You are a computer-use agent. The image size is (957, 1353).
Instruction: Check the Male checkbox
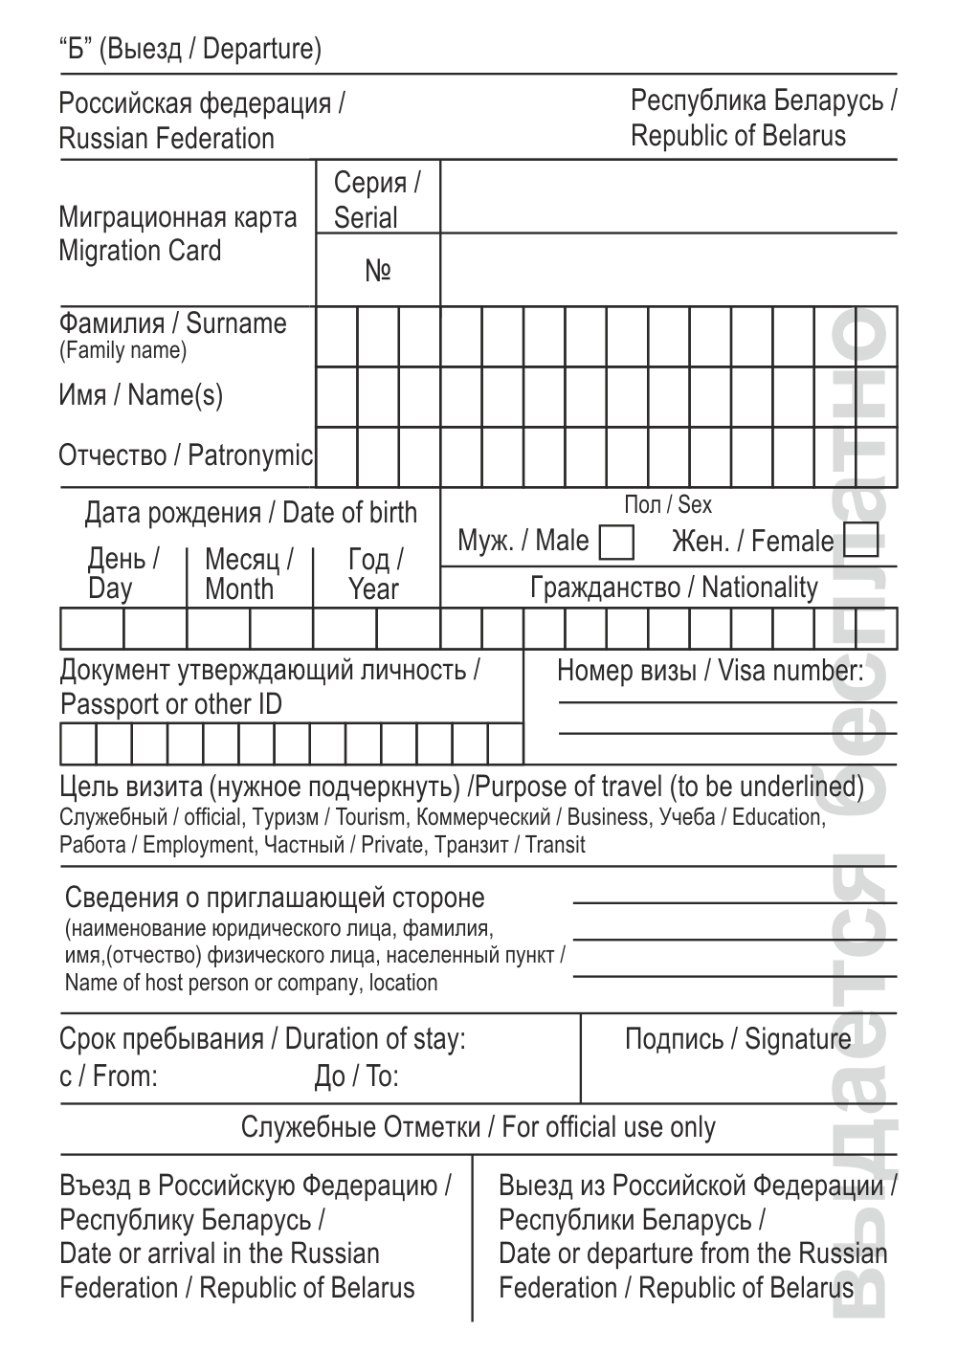click(x=616, y=542)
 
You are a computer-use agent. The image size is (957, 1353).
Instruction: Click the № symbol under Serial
click(x=378, y=271)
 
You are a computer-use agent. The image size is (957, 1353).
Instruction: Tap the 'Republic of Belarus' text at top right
click(x=738, y=136)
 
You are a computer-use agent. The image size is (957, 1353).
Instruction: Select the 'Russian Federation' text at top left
click(x=167, y=139)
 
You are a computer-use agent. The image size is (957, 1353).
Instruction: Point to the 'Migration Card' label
click(x=140, y=252)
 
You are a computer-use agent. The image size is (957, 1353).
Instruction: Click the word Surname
click(x=236, y=323)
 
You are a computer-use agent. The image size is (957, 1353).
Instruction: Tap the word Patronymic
click(x=250, y=455)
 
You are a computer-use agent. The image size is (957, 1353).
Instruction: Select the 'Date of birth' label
click(x=350, y=513)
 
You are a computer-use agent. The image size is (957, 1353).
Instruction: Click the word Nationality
click(x=760, y=588)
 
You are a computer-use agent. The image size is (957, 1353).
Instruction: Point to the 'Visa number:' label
click(x=790, y=671)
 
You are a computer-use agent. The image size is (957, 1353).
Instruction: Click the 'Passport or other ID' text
click(x=170, y=705)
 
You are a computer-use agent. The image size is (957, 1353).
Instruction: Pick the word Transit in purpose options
click(x=555, y=845)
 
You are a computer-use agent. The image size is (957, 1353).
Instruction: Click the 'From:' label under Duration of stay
click(x=125, y=1076)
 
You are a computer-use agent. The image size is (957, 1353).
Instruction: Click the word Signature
click(x=797, y=1039)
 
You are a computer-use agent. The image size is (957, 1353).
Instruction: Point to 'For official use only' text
click(x=609, y=1127)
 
